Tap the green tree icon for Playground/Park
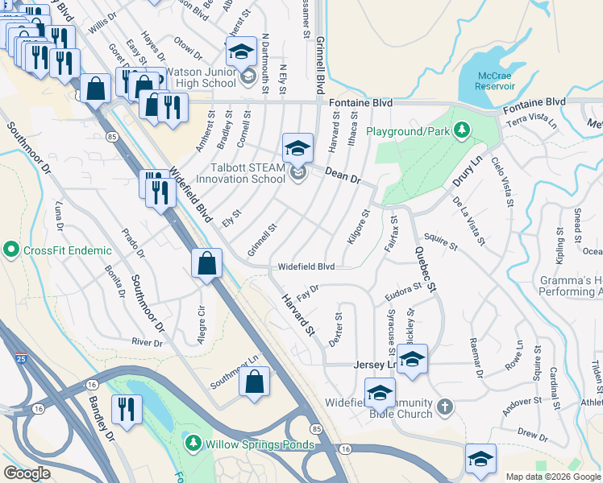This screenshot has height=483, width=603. pos(461,130)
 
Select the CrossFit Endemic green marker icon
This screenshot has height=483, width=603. pos(11,250)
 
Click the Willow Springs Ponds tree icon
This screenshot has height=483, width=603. pos(193,443)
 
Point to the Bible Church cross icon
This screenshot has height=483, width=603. pos(446,408)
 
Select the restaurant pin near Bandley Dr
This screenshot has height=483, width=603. pos(127,410)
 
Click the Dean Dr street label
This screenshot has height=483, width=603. pos(343,174)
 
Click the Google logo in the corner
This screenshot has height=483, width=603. pos(27,473)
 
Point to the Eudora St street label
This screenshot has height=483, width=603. pos(403,287)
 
